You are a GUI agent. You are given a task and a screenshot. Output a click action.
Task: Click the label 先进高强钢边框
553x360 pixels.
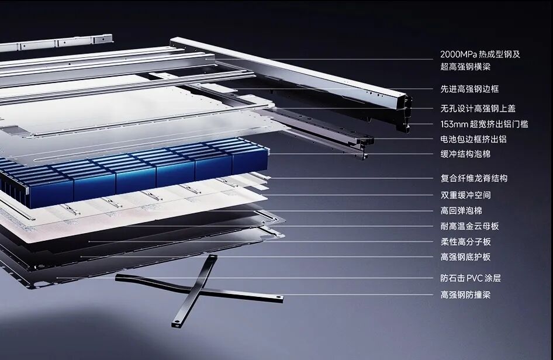pos(469,89)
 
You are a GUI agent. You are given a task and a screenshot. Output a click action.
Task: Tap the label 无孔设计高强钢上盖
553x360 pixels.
pos(478,108)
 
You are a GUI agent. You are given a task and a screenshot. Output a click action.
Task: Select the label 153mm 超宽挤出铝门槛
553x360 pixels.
pos(484,124)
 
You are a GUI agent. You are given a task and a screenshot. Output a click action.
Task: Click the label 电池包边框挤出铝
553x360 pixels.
pos(473,139)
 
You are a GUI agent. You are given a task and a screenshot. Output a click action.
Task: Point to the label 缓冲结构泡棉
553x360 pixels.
pos(465,154)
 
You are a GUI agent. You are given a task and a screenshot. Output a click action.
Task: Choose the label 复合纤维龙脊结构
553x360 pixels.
pos(473,178)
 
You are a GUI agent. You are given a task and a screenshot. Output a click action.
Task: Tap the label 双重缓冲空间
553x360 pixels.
pos(465,195)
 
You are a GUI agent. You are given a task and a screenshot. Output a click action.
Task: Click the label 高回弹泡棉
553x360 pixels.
pos(461,210)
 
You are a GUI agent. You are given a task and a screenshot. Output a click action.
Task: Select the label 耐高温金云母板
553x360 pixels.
pos(469,226)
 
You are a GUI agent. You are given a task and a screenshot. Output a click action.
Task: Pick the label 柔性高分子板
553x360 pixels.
pos(465,241)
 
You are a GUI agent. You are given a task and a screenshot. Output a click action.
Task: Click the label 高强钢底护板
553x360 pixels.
pos(465,257)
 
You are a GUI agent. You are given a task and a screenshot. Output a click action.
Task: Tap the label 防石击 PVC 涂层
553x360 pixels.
pos(471,278)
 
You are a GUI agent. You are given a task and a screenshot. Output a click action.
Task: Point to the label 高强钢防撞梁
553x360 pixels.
pos(465,295)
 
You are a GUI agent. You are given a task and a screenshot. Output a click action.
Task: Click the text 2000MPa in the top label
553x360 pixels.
pos(458,55)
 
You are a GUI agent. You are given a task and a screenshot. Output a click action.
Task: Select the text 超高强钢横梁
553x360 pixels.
pos(465,67)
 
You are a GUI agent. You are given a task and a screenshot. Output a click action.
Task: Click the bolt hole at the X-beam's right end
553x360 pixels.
pos(279,298)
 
